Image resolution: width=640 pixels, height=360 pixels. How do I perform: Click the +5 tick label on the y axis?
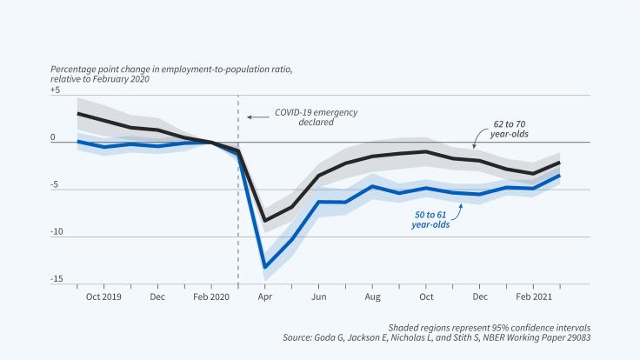click(56, 90)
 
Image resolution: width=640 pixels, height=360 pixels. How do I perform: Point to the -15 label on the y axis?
click(56, 278)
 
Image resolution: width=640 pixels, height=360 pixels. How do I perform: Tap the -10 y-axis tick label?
click(56, 231)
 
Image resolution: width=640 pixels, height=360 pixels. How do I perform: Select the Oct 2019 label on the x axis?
click(103, 297)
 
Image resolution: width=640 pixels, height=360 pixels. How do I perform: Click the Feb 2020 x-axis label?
click(211, 297)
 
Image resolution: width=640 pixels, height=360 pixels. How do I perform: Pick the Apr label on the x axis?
click(264, 297)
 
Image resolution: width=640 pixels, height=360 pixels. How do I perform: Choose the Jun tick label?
click(318, 297)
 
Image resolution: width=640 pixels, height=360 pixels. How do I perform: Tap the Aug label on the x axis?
click(372, 297)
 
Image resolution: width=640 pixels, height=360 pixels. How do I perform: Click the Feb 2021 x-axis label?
click(533, 297)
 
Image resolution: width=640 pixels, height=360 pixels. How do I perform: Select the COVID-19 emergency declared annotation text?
click(303, 117)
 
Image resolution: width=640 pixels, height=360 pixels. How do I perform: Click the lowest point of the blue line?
click(264, 267)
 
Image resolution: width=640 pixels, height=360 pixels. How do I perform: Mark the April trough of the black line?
click(264, 221)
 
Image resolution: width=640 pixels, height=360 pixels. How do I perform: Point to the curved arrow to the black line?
click(476, 138)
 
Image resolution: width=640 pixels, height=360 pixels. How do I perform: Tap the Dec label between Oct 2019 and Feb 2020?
click(157, 297)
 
